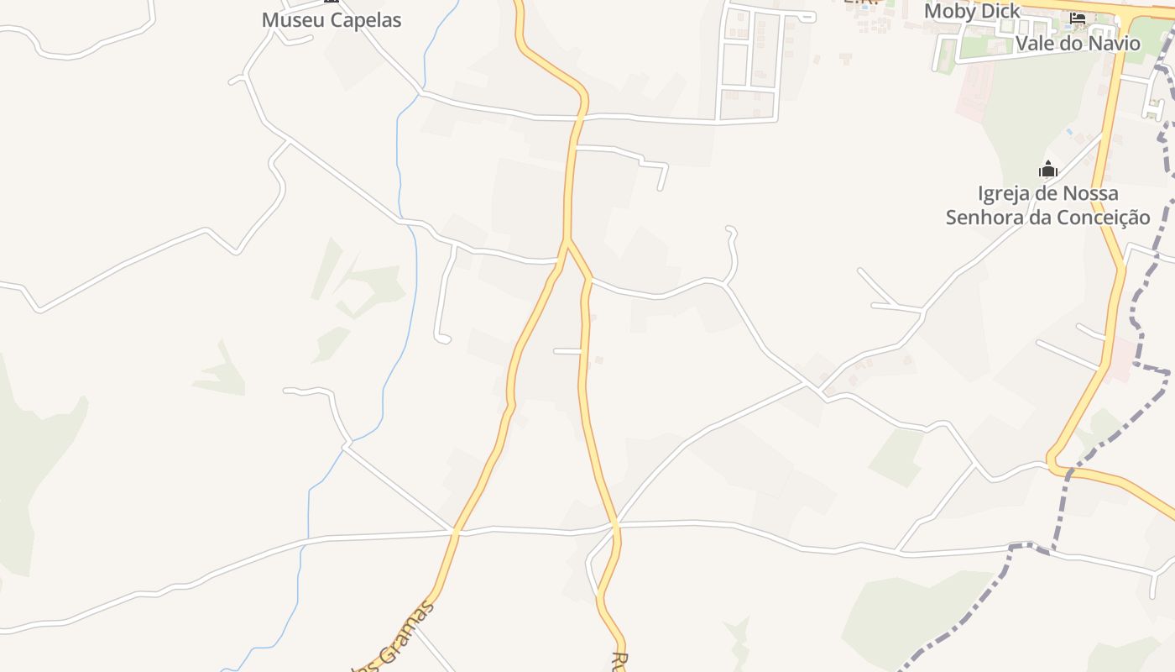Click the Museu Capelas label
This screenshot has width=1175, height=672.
tap(332, 20)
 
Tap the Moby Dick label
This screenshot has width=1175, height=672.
tap(972, 11)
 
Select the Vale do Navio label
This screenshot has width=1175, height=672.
tap(1078, 44)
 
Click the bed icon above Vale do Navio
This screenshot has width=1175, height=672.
tap(1078, 18)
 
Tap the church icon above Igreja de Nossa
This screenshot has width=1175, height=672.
tap(1047, 170)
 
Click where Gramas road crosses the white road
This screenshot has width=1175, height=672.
tap(455, 532)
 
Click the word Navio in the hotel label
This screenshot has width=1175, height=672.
tap(1115, 44)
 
